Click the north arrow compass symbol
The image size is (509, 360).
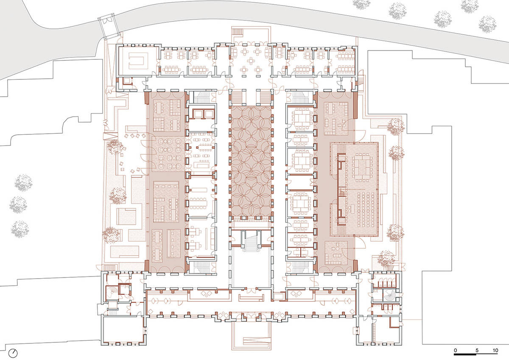(x=14, y=352)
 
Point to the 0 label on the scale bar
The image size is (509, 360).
(x=455, y=351)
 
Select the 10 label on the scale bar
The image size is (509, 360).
(x=495, y=351)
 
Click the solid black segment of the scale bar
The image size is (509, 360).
(x=466, y=355)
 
